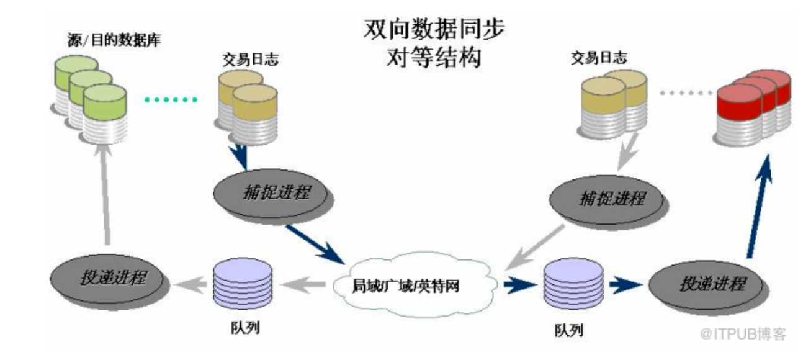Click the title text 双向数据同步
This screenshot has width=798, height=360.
tap(434, 30)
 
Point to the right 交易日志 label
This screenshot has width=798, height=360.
tap(599, 58)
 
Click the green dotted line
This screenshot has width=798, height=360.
tap(171, 99)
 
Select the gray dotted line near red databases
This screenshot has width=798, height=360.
tap(686, 94)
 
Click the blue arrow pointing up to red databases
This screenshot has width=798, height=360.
tap(758, 205)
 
